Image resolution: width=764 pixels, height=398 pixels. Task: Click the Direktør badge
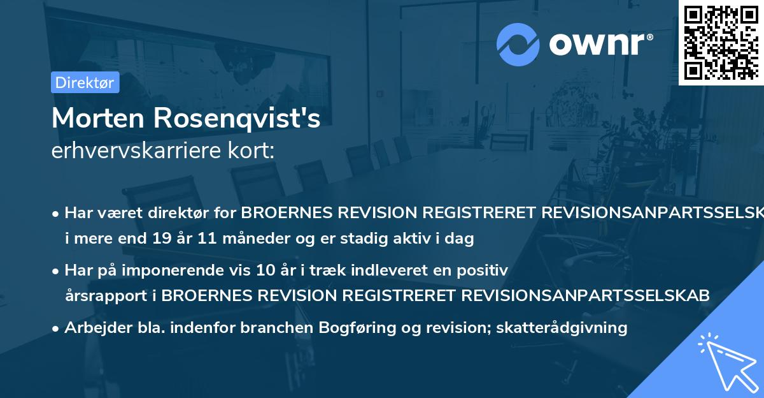click(x=85, y=83)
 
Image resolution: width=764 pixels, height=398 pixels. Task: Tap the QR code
click(x=720, y=42)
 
